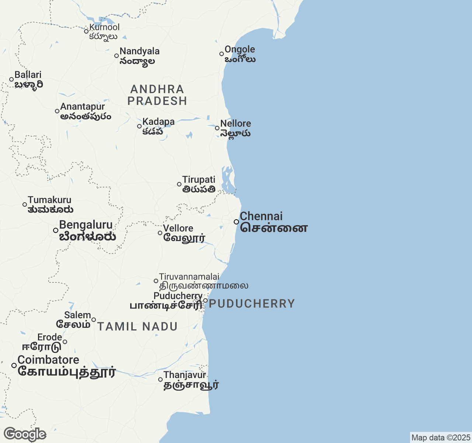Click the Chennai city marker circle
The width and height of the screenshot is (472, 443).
coord(236,222)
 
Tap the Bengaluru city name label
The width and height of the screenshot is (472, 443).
coord(86,225)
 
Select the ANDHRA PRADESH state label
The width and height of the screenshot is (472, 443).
coord(157,95)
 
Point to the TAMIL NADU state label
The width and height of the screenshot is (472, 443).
coord(137,326)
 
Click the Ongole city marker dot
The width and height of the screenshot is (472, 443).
coord(222,54)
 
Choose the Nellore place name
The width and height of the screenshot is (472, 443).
coord(236,124)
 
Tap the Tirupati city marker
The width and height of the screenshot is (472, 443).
coord(179,184)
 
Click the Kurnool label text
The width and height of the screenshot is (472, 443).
coord(104,27)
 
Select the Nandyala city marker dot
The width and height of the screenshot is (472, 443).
coord(117,56)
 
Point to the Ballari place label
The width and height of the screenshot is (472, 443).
coord(28,75)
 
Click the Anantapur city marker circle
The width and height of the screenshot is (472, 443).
coord(57,111)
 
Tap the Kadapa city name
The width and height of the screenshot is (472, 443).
coord(159,122)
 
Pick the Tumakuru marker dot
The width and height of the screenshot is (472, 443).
coord(25,205)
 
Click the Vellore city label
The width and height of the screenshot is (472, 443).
coord(178,229)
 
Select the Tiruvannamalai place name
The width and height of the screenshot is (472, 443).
coord(189,277)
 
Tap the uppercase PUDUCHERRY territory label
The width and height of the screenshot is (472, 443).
coord(252,304)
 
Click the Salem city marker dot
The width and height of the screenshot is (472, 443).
coord(94,320)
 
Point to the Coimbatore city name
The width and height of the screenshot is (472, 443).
coord(48,360)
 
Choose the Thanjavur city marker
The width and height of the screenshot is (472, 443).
coord(160,380)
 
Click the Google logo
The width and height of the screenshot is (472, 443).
coord(25,435)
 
